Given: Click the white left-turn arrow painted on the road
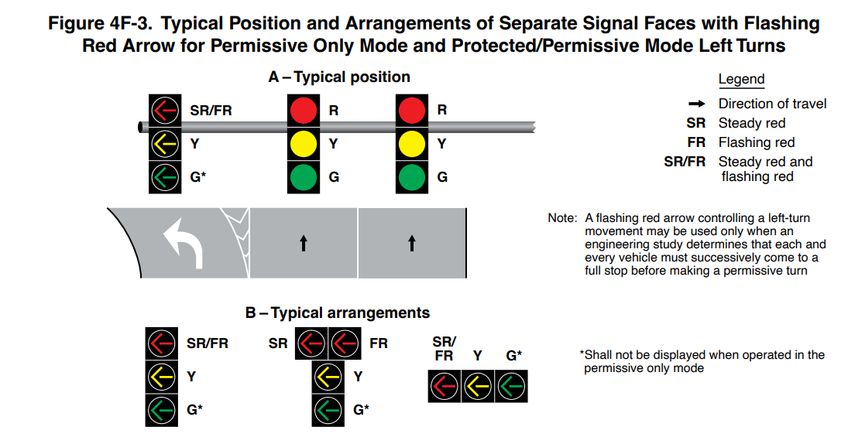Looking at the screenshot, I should coord(183,241).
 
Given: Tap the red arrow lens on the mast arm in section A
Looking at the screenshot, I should coord(164,111).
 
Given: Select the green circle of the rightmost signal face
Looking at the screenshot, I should coord(412,177).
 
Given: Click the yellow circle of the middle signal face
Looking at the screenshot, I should coord(303,144).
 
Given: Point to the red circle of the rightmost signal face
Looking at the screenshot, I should coord(412,111).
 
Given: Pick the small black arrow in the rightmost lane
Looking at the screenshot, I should coord(411,243).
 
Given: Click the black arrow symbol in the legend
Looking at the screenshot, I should coord(695,104).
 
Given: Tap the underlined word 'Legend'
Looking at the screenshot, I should coord(741,79).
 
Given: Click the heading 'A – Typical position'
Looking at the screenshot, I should coord(338,77).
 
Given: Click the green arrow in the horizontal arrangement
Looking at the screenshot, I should coord(511,386).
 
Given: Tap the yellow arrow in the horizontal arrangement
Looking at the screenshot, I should coord(478,386).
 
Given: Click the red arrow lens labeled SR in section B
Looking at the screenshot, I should coord(311,343).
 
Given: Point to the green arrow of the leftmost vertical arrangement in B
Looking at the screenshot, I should coord(162,410).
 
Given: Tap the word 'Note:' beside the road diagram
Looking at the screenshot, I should coord(562,219).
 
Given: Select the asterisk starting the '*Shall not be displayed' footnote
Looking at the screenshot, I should coord(582,354).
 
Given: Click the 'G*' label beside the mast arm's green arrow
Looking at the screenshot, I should coord(198,177).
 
